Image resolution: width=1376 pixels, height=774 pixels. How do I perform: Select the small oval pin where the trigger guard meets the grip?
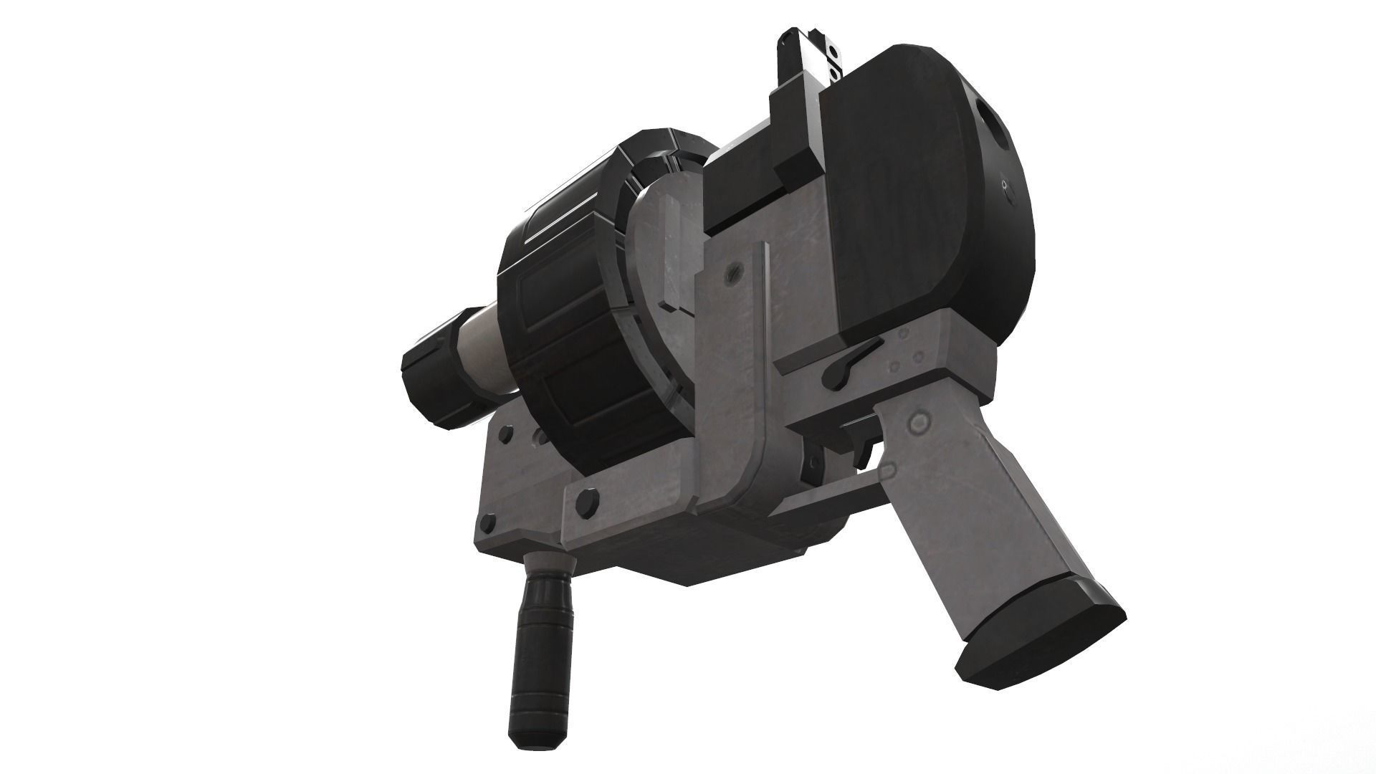click(889, 471)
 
